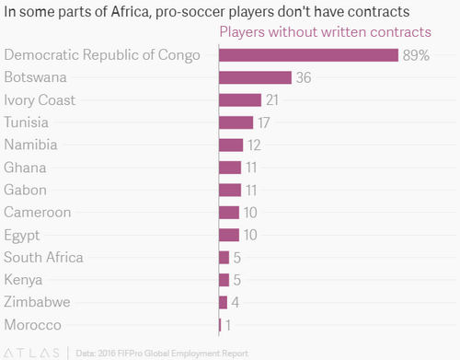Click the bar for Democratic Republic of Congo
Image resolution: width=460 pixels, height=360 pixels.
(308, 55)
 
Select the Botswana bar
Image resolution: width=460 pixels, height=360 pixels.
(255, 77)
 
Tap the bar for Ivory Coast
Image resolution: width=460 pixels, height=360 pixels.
(239, 100)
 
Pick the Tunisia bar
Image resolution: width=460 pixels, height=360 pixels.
(236, 122)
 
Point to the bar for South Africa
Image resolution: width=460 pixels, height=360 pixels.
(224, 258)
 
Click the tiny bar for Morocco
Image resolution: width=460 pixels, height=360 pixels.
(220, 325)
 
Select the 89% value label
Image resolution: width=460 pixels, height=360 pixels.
(416, 55)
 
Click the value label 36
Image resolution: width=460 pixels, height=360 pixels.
(305, 78)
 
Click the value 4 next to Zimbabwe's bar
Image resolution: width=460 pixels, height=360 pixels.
(236, 303)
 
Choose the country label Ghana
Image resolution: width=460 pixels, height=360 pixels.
(25, 168)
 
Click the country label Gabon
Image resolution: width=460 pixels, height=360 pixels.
(26, 190)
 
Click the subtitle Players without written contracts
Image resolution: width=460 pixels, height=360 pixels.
(325, 32)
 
